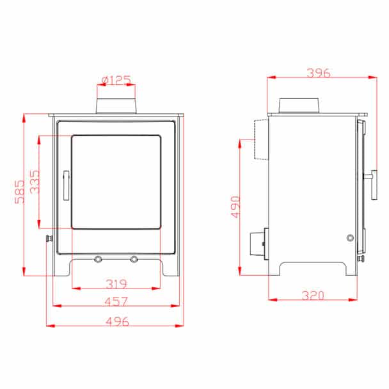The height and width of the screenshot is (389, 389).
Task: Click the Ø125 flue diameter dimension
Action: (x=116, y=80)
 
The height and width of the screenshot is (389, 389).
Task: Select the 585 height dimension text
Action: (x=19, y=192)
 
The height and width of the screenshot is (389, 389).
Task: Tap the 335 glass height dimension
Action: (x=35, y=182)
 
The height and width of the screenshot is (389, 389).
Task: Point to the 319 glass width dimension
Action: (x=116, y=283)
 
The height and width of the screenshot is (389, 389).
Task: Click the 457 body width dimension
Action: (x=116, y=301)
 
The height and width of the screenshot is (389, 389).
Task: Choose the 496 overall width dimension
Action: (x=117, y=321)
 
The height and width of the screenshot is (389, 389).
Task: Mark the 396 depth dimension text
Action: (x=319, y=73)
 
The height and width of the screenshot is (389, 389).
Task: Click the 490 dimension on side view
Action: (x=235, y=207)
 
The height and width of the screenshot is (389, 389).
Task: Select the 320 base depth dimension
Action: (x=313, y=295)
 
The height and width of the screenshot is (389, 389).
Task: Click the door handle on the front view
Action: (x=67, y=185)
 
